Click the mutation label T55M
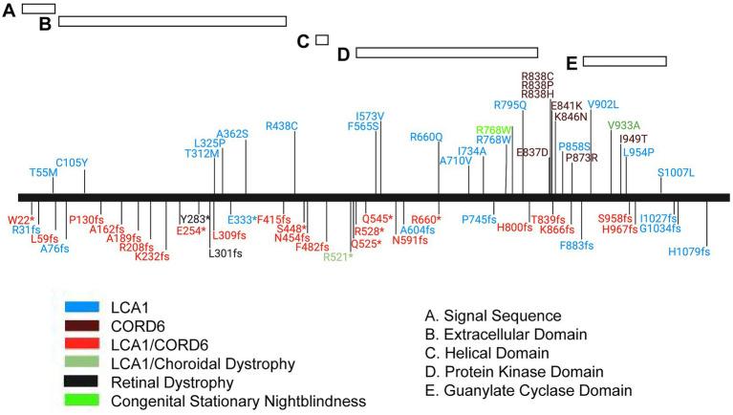43,173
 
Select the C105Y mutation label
72,163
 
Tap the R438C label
282,125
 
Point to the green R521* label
337,256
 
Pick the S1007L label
677,172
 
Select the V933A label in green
623,125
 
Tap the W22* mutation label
21,220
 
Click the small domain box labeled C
322,40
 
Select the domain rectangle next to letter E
624,61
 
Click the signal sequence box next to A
38,8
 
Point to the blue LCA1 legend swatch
82,307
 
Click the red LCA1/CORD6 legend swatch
82,344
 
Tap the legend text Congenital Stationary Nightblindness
238,402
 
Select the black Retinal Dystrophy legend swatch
82,382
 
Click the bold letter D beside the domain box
344,54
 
